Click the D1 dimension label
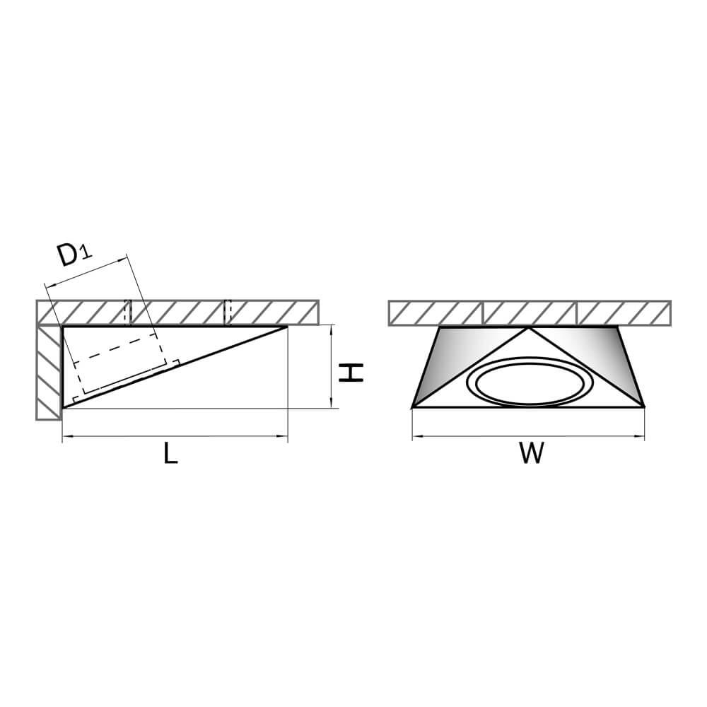tap(74, 255)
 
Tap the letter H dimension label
tap(351, 373)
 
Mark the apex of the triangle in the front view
tap(528, 328)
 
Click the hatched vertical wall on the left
tap(49, 372)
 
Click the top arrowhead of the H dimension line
tap(332, 330)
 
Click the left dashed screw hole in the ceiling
tap(128, 312)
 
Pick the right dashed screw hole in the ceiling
tap(228, 312)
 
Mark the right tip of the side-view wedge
tap(287, 327)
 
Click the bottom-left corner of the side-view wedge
tap(63, 408)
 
